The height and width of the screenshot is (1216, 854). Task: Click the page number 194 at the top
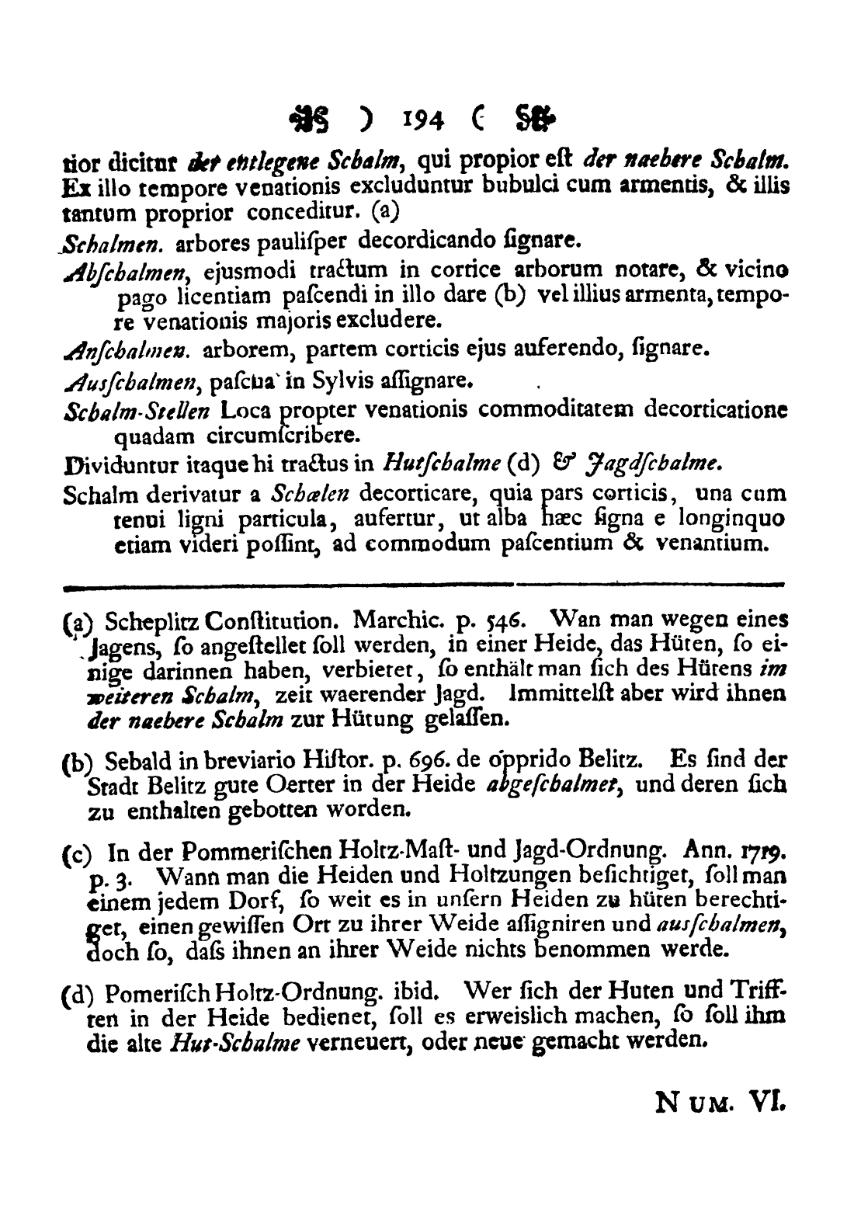[424, 120]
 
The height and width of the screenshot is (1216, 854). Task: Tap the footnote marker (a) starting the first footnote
[75, 622]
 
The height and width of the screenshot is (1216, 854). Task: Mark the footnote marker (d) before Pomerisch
[76, 996]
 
